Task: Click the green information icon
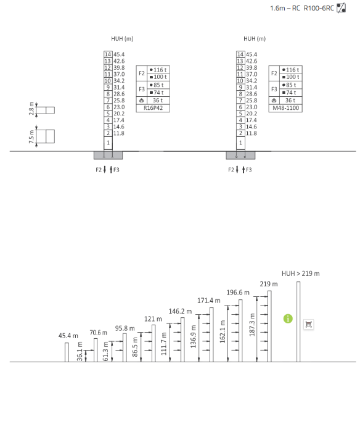(x=288, y=319)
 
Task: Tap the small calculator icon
(x=309, y=324)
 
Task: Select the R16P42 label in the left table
(x=153, y=108)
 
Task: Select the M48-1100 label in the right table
(x=285, y=108)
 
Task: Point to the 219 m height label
(x=269, y=284)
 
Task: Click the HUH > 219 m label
(x=301, y=273)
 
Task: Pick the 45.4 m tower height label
(x=68, y=336)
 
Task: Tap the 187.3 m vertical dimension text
(x=252, y=325)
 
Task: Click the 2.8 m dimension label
(x=31, y=109)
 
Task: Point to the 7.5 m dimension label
(x=31, y=137)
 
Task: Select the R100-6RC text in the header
(x=319, y=8)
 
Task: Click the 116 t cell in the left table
(x=158, y=70)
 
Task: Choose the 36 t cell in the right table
(x=290, y=101)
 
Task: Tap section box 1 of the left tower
(x=108, y=143)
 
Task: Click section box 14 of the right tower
(x=240, y=54)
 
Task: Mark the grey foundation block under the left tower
(x=108, y=155)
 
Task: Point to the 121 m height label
(x=153, y=319)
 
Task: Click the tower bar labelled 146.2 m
(x=182, y=339)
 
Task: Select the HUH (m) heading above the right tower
(x=255, y=38)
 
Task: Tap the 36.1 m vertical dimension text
(x=80, y=351)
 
